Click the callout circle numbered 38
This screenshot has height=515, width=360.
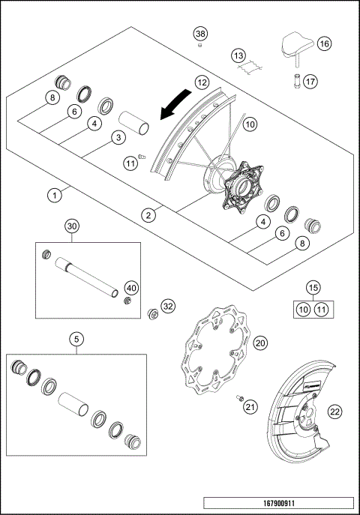pos(199,34)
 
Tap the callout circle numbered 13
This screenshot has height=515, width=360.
pos(238,56)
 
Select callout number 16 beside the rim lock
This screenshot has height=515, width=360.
pos(324,44)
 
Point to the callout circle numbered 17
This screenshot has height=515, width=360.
pos(310,82)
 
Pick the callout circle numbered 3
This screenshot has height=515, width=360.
pos(118,137)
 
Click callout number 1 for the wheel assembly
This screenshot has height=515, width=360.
pos(53,196)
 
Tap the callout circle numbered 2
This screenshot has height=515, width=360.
pos(150,215)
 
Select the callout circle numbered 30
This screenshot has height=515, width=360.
pos(71,226)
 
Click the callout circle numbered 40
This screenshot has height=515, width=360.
pos(131,288)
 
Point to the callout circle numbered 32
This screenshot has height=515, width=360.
pos(167,306)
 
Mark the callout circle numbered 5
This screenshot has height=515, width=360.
pos(76,339)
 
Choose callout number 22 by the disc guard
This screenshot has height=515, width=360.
pos(334,410)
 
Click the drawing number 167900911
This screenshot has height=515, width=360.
pos(277,505)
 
